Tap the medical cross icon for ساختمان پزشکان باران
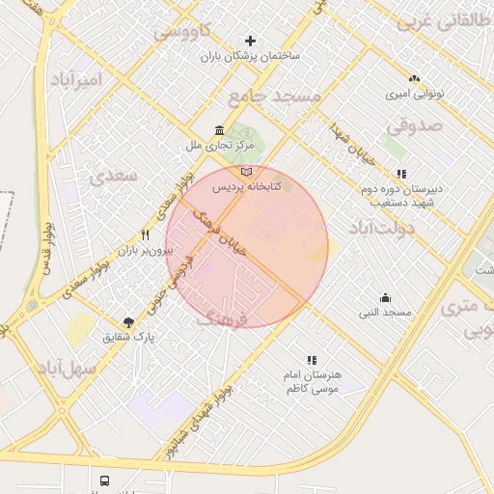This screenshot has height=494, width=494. pos(251,41)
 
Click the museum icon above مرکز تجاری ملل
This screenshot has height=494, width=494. pos(221,131)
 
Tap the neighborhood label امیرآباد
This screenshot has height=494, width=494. pos(73,79)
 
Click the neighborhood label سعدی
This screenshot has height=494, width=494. pos(113,176)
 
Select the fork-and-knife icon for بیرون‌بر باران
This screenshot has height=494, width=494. pos(145,234)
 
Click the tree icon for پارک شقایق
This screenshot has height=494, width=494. pos(128,322)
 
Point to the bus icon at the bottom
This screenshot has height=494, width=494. pos(103,480)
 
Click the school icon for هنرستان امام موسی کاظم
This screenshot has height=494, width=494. pos(311,359)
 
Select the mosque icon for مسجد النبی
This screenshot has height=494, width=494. pos(385,297)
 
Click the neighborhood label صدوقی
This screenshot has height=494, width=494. pos(414,125)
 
